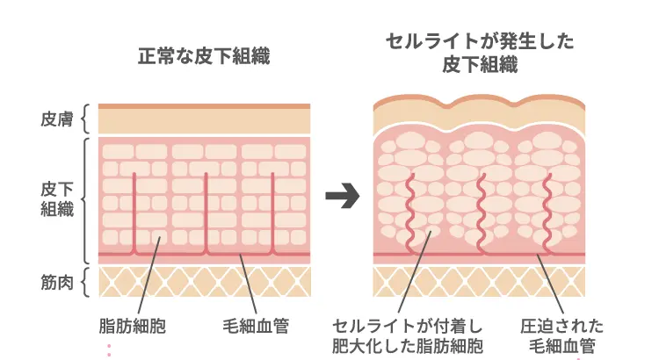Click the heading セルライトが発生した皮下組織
coord(478,53)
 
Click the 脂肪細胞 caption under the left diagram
coord(133,327)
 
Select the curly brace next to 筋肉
coord(86,283)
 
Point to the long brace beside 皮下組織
coord(86,199)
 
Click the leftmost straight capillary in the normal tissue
coord(134,211)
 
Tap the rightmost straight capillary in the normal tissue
coord(273,211)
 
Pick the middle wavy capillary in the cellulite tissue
coord(481,211)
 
